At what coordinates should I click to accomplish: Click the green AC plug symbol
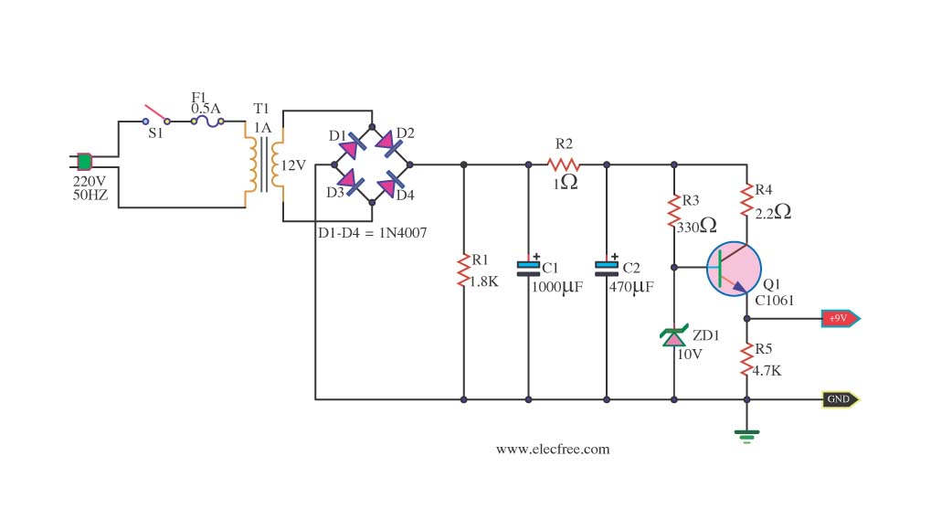click(85, 162)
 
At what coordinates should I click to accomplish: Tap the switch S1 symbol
click(156, 115)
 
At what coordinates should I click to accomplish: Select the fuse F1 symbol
click(206, 122)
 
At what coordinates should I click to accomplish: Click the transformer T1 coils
click(264, 164)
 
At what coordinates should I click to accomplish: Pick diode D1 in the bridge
click(352, 145)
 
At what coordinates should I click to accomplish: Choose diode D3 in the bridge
click(350, 182)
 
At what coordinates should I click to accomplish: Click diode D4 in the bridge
click(389, 184)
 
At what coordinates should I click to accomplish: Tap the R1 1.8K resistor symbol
click(464, 270)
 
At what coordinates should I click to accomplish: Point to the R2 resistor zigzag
click(564, 164)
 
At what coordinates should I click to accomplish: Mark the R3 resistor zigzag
click(674, 211)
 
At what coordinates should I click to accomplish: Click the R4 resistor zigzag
click(747, 200)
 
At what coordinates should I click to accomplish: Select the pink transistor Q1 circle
click(734, 269)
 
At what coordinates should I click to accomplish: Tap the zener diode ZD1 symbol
click(674, 335)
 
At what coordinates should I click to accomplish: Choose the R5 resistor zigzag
click(747, 359)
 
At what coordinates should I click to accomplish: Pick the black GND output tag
click(841, 399)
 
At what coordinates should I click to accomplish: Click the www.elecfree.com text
click(553, 449)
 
